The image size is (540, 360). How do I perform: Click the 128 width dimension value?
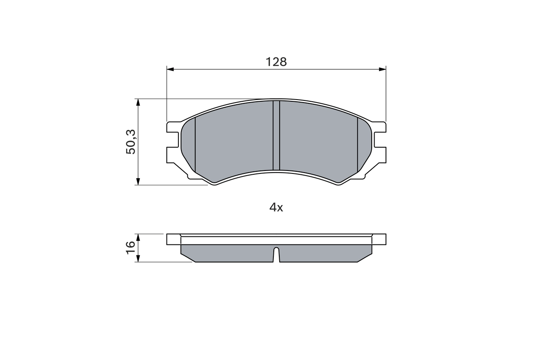276,62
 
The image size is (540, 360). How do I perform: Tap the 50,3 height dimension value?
131,142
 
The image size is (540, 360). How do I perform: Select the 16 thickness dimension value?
130,247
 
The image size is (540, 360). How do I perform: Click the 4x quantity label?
276,207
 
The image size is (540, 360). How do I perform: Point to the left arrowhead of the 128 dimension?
170,70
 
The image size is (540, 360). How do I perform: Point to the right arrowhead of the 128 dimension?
382,70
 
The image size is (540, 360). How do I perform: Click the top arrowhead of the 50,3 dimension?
138,102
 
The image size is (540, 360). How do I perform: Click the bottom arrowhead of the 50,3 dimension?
138,181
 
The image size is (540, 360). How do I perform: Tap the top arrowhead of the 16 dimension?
138,237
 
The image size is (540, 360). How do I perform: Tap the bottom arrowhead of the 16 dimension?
138,258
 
